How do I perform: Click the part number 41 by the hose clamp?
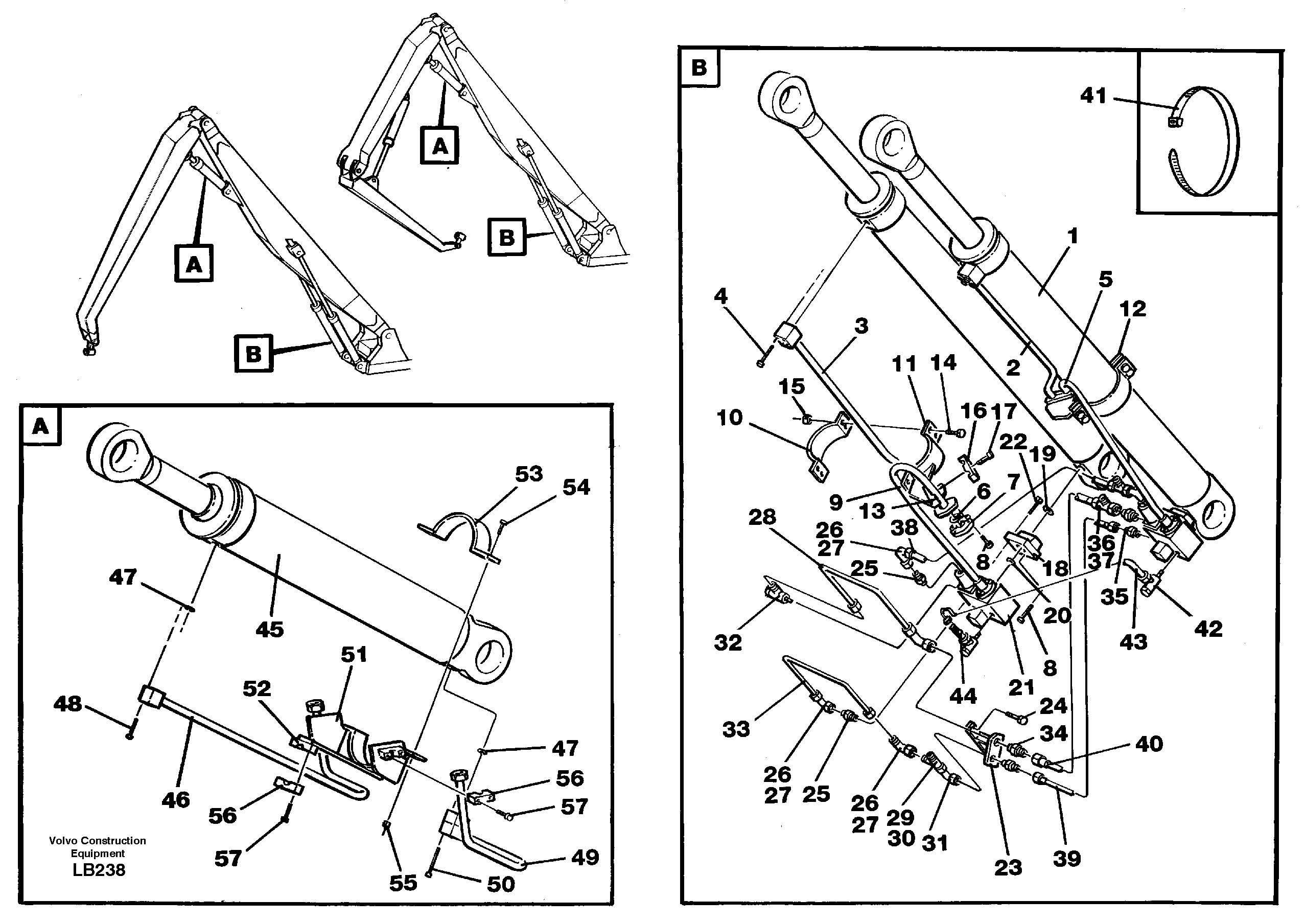pos(1093,96)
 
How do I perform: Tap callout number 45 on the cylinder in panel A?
pos(269,629)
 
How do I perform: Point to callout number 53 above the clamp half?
pos(529,473)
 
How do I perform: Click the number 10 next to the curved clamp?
pos(730,418)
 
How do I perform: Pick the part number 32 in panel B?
pos(728,643)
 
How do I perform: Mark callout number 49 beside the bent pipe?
pos(585,857)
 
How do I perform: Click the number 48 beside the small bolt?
pos(67,704)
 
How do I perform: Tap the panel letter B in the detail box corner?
pos(699,67)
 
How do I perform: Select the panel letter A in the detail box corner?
pos(41,426)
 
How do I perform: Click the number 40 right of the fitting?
pos(1149,744)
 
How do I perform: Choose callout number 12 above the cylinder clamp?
pos(1133,309)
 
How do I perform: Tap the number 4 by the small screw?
pos(720,296)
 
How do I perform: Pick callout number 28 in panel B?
pos(762,517)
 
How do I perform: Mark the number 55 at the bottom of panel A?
pos(403,883)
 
